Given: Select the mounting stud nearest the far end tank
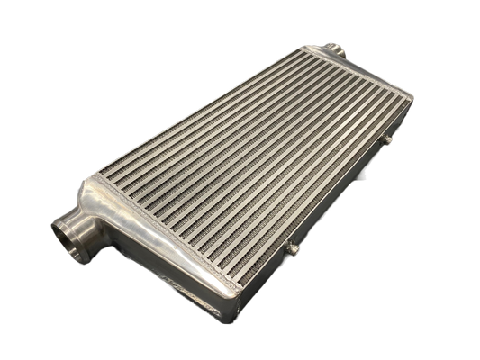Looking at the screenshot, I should [x=388, y=139].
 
